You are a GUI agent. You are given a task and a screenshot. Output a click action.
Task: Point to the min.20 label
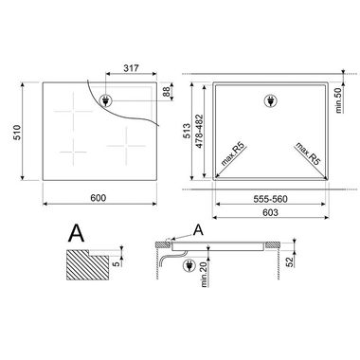[205, 283]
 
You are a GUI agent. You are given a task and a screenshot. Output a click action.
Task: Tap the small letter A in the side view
[196, 229]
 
